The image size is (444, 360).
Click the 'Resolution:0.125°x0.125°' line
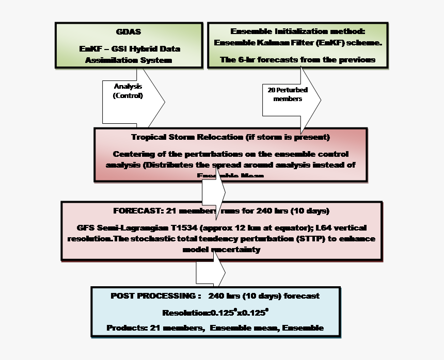click(x=215, y=313)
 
